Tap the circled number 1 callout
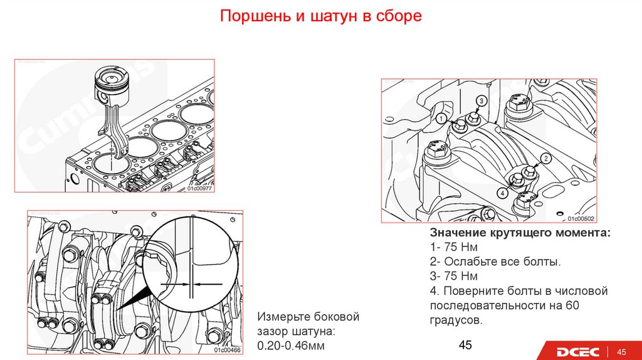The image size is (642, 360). tap(441, 118)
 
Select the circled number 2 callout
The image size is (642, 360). tap(545, 159)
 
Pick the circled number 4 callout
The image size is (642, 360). tap(502, 194)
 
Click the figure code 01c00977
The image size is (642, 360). tap(199, 188)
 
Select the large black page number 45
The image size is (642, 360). tap(465, 345)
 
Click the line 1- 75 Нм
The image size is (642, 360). tap(453, 247)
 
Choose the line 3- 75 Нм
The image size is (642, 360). tap(453, 276)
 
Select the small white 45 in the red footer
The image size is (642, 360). tap(623, 351)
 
